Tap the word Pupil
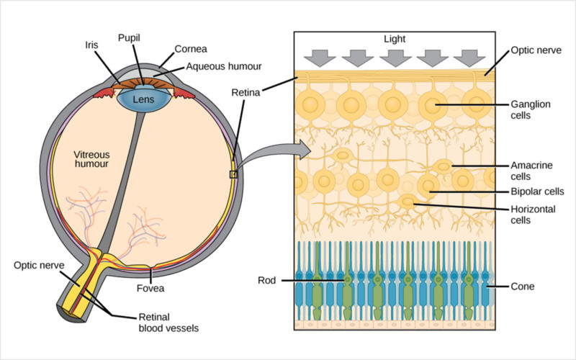(130, 36)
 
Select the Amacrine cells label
(530, 170)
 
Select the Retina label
(246, 92)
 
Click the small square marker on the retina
(233, 174)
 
